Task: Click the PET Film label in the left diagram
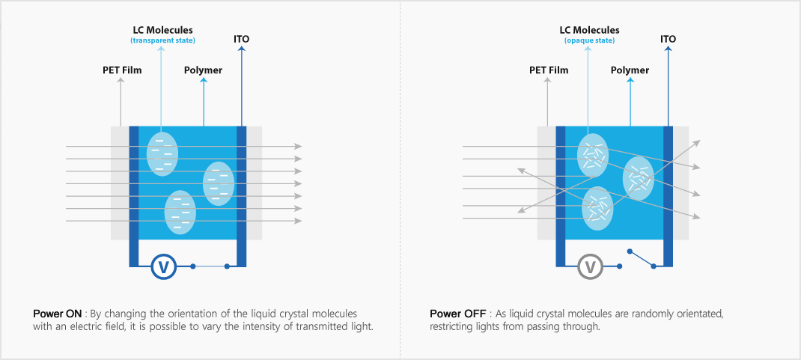click(x=122, y=70)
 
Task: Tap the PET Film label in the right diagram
click(x=549, y=70)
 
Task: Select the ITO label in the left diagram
click(x=242, y=38)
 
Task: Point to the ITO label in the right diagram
click(x=668, y=38)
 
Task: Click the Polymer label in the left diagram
click(x=203, y=70)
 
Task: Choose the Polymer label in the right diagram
click(x=630, y=70)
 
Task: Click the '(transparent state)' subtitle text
click(x=162, y=40)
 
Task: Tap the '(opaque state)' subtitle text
click(x=589, y=40)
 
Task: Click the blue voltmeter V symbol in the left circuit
click(x=163, y=266)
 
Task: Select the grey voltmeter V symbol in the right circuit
click(x=590, y=266)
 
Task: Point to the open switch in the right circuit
click(x=642, y=258)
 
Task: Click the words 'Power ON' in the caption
click(x=58, y=313)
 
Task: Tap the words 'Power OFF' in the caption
click(x=457, y=313)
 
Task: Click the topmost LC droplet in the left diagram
click(x=162, y=153)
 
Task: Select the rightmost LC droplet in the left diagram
click(x=219, y=183)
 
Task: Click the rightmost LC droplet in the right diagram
click(x=639, y=178)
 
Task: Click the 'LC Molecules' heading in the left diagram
click(x=162, y=30)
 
